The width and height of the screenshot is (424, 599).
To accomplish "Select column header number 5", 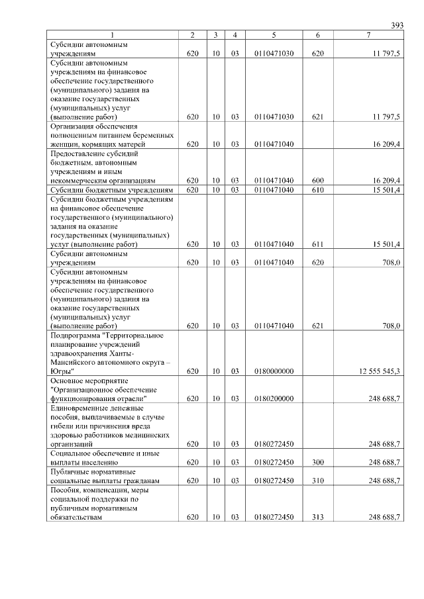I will (x=274, y=34).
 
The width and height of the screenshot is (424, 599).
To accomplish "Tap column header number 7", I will (x=368, y=34).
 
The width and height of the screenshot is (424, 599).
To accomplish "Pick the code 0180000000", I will (x=274, y=371).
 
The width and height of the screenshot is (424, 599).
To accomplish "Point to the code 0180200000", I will (x=274, y=398).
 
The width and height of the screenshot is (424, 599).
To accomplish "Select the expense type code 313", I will (x=318, y=517).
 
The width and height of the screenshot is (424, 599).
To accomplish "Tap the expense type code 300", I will (x=318, y=462).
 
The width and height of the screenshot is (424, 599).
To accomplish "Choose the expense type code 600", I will (x=318, y=180).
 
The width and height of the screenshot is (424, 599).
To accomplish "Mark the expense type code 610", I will (x=318, y=190).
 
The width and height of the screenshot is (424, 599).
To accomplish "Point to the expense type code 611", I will (x=318, y=244).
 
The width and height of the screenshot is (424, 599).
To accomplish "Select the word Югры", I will (x=61, y=371).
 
